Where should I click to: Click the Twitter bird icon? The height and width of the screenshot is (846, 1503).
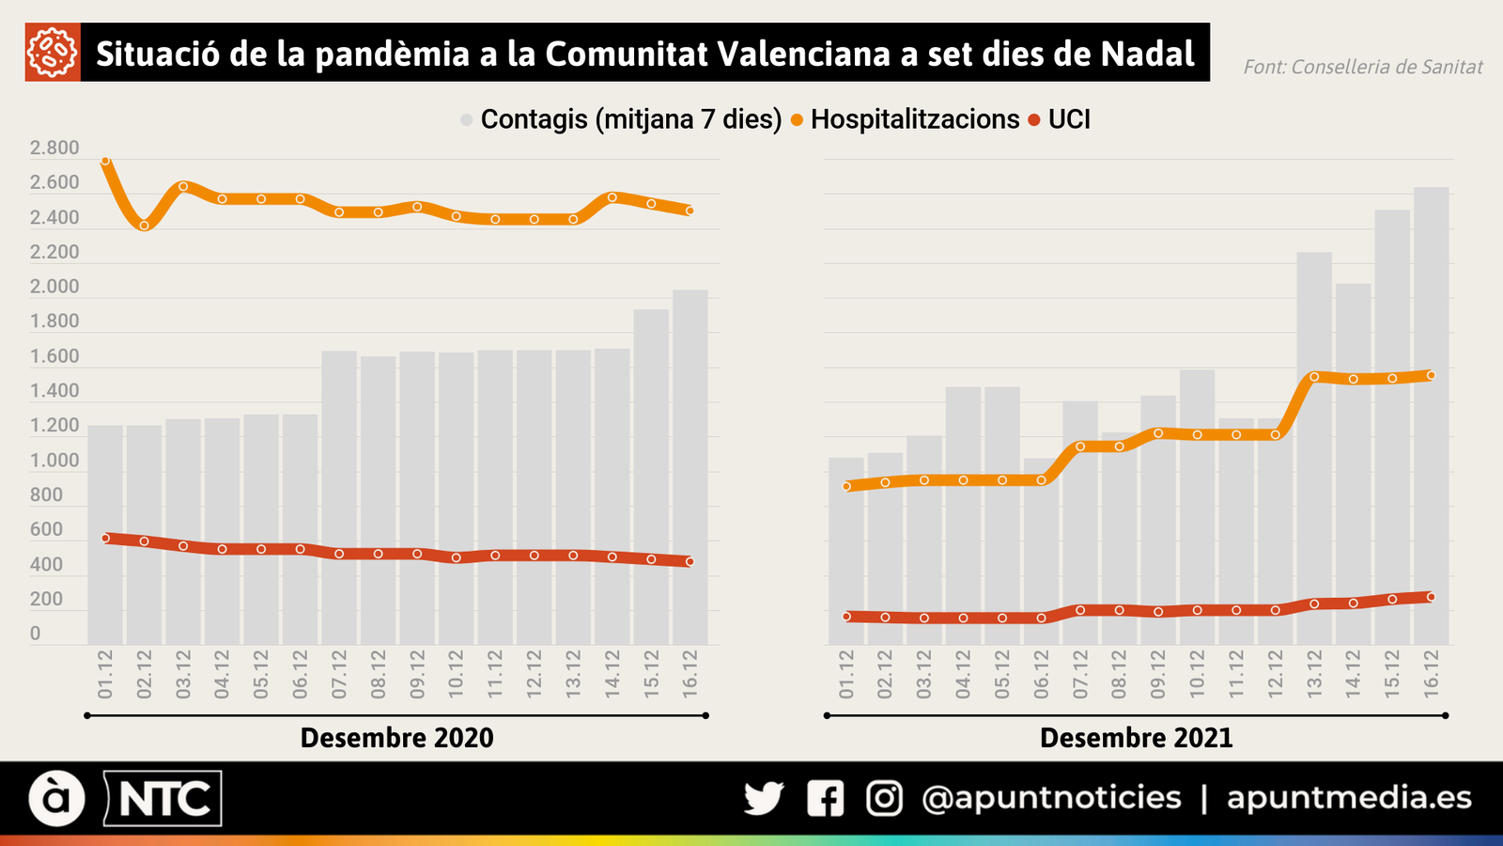764,798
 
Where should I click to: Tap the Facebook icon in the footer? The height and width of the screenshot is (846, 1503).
825,798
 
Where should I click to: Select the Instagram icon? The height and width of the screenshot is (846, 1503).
884,798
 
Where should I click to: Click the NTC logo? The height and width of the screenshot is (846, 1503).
163,799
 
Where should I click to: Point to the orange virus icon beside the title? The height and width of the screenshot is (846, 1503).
53,54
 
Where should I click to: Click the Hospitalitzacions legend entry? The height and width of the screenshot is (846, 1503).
914,119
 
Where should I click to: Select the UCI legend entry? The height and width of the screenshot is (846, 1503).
1068,119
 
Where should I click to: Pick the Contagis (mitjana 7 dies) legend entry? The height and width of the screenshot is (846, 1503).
630,119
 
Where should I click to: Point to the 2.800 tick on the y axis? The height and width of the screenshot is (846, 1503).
54,148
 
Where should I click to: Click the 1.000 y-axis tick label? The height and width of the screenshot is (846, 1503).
54,461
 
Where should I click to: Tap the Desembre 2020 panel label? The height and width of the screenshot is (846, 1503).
396,738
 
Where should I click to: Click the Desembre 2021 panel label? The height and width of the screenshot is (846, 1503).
1136,738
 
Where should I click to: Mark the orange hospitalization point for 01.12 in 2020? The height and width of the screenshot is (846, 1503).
105,161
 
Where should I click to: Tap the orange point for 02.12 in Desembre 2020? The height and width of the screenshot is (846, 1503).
144,226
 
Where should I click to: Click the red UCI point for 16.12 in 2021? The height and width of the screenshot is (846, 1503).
1431,597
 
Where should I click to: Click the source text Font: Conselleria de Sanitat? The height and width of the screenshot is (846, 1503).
1362,67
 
